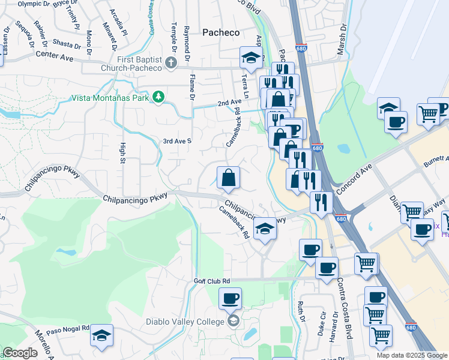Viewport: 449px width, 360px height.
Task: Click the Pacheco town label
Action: [x=220, y=32]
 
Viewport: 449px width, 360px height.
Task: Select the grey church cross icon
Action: [x=170, y=63]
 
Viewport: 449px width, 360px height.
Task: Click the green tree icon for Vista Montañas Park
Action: [x=158, y=97]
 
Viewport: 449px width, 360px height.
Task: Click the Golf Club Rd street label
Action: [x=212, y=281]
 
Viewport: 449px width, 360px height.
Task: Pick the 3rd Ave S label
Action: [x=177, y=141]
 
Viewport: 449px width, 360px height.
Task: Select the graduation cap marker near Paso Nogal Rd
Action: [x=102, y=335]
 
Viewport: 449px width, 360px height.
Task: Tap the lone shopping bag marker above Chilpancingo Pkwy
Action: [x=228, y=178]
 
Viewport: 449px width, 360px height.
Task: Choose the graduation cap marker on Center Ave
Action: [x=251, y=58]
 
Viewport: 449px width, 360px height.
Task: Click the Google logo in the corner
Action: [x=20, y=353]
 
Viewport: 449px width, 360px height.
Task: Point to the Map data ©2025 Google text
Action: [x=412, y=355]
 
